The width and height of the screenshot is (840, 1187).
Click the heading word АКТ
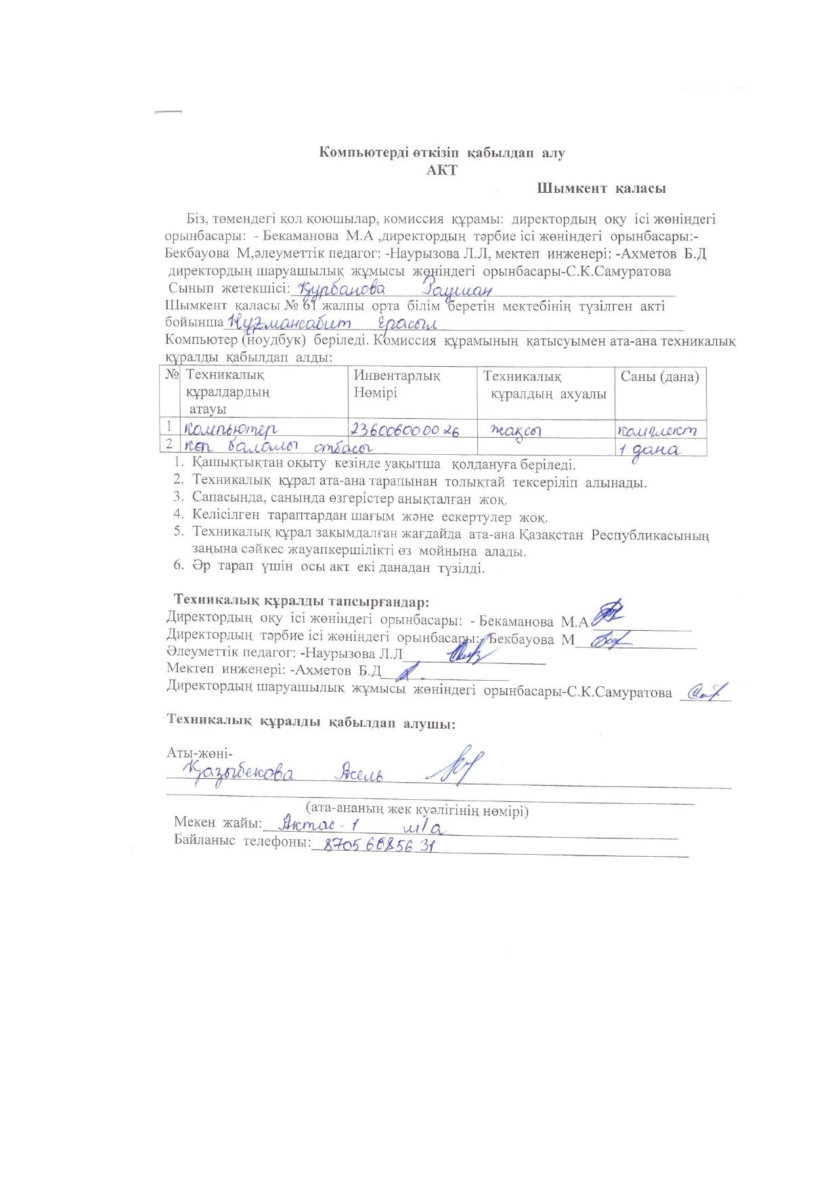tap(441, 170)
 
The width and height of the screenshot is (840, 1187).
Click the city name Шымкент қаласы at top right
tap(601, 189)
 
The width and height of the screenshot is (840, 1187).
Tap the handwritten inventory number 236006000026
tap(404, 430)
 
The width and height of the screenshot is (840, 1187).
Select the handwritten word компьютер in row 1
tap(228, 428)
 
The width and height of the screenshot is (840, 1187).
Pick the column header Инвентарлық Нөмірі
tap(397, 384)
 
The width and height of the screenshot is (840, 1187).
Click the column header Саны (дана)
tap(659, 377)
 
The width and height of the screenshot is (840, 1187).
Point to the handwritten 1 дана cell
tap(651, 449)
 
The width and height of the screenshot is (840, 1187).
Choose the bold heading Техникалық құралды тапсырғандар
tap(302, 601)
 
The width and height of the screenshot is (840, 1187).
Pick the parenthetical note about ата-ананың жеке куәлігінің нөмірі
tap(416, 809)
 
